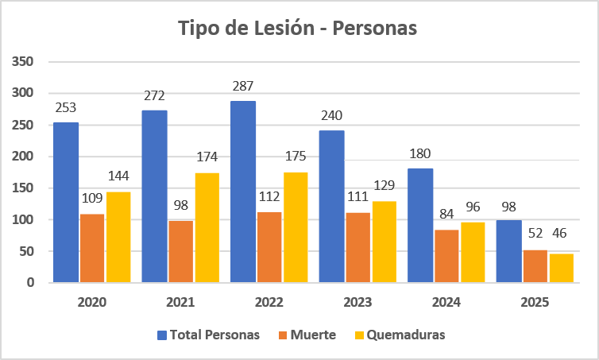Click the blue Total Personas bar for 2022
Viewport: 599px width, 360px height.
pyautogui.click(x=243, y=192)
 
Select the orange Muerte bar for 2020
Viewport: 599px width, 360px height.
pyautogui.click(x=92, y=248)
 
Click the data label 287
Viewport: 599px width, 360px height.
pyautogui.click(x=243, y=85)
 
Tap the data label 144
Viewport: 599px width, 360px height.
pyautogui.click(x=119, y=176)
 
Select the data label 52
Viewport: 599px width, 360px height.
pyautogui.click(x=536, y=234)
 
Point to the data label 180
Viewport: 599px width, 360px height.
pyautogui.click(x=421, y=153)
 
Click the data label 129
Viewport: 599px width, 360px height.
pyautogui.click(x=385, y=185)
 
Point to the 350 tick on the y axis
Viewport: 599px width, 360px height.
pyautogui.click(x=24, y=61)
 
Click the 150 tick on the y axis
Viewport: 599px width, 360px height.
pyautogui.click(x=24, y=188)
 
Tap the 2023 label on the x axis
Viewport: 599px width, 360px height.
pyautogui.click(x=359, y=302)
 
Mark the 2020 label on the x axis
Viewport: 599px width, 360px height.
pyautogui.click(x=93, y=302)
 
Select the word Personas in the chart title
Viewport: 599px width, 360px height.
pyautogui.click(x=375, y=28)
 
